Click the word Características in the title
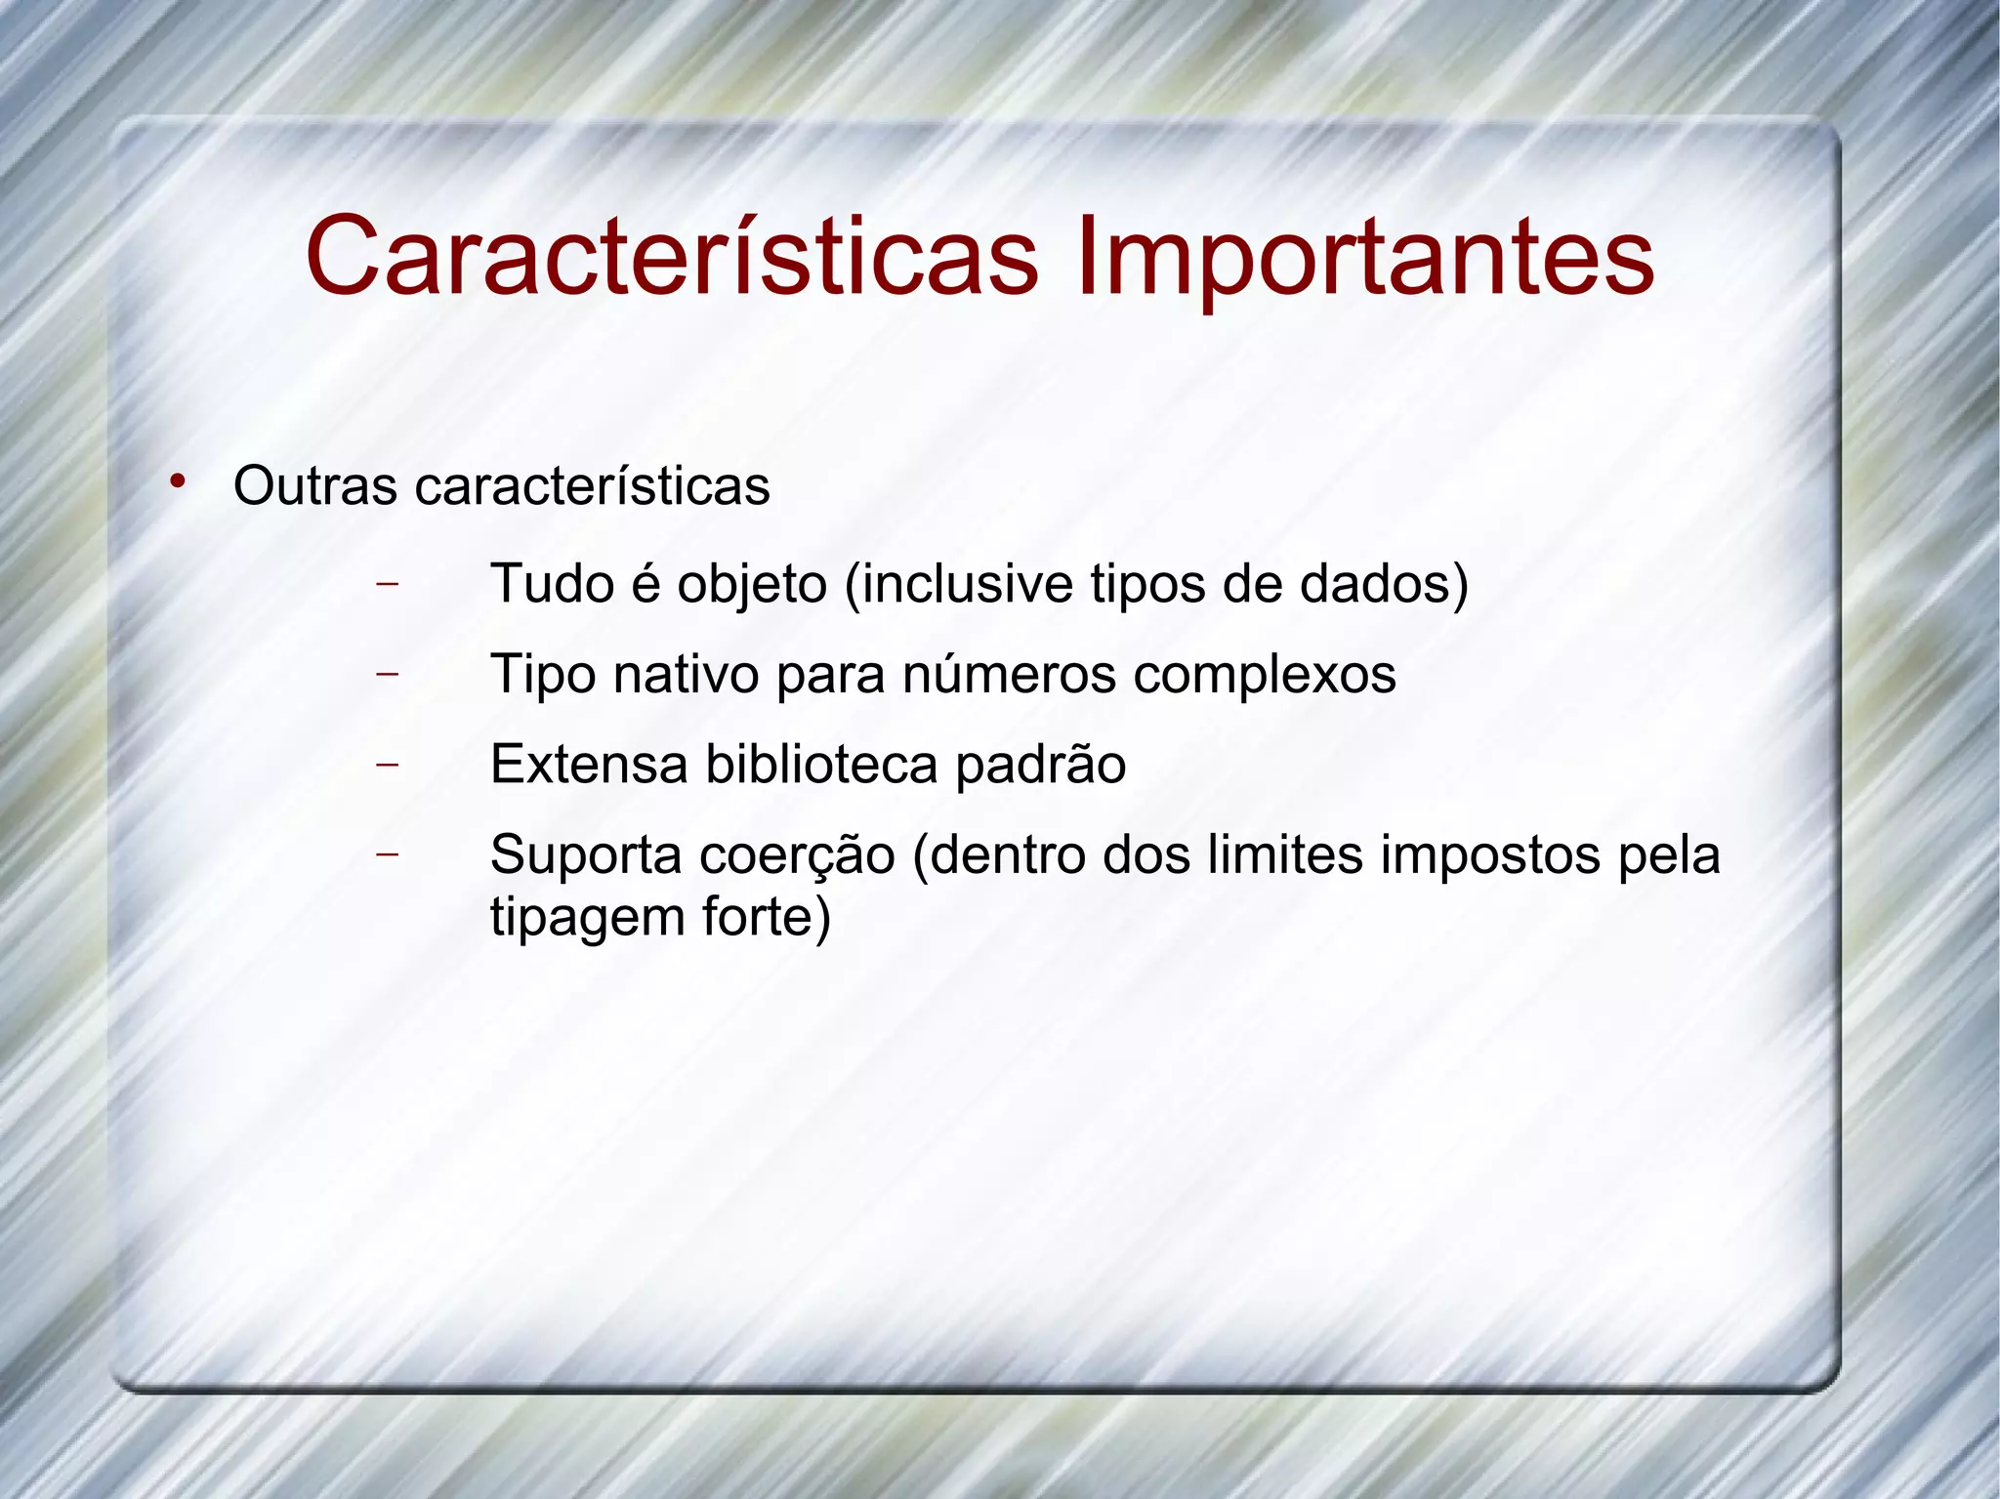click(x=672, y=257)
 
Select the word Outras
click(x=315, y=486)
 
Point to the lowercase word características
click(x=592, y=486)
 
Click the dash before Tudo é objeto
click(x=388, y=584)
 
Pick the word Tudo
click(x=552, y=584)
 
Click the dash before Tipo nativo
click(x=388, y=674)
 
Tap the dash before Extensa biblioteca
click(x=388, y=764)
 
